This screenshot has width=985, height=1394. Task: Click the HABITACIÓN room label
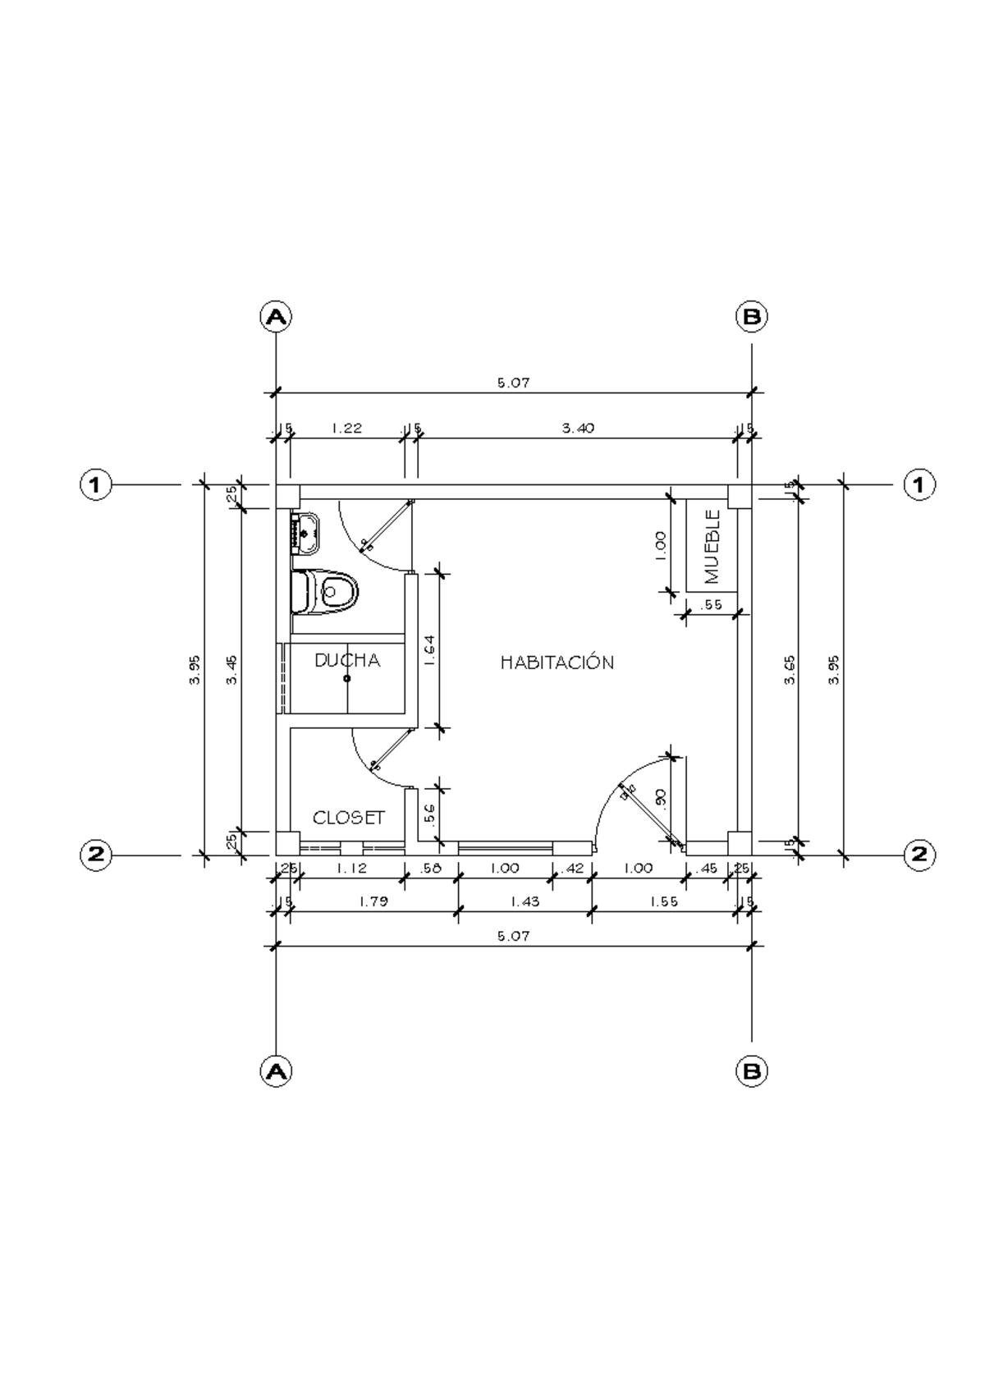pyautogui.click(x=557, y=663)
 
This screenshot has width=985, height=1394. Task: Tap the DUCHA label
pyautogui.click(x=347, y=660)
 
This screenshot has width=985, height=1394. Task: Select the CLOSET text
pyautogui.click(x=349, y=818)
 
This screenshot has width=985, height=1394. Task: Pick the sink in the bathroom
pyautogui.click(x=306, y=533)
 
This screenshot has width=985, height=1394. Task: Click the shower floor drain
pyautogui.click(x=347, y=679)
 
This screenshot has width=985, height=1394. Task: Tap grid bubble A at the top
pyautogui.click(x=276, y=316)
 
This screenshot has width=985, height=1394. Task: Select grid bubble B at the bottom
pyautogui.click(x=751, y=1071)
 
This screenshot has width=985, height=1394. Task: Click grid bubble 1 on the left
pyautogui.click(x=95, y=485)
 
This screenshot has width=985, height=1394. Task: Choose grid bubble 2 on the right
pyautogui.click(x=919, y=855)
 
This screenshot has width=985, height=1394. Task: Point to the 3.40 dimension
pyautogui.click(x=578, y=428)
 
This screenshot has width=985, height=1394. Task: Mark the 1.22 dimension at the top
pyautogui.click(x=346, y=428)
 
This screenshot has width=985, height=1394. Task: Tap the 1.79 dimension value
pyautogui.click(x=373, y=901)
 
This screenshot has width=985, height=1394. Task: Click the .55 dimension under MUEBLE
pyautogui.click(x=712, y=605)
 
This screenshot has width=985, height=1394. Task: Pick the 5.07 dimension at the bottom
pyautogui.click(x=514, y=936)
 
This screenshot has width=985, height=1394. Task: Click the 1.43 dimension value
pyautogui.click(x=525, y=901)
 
